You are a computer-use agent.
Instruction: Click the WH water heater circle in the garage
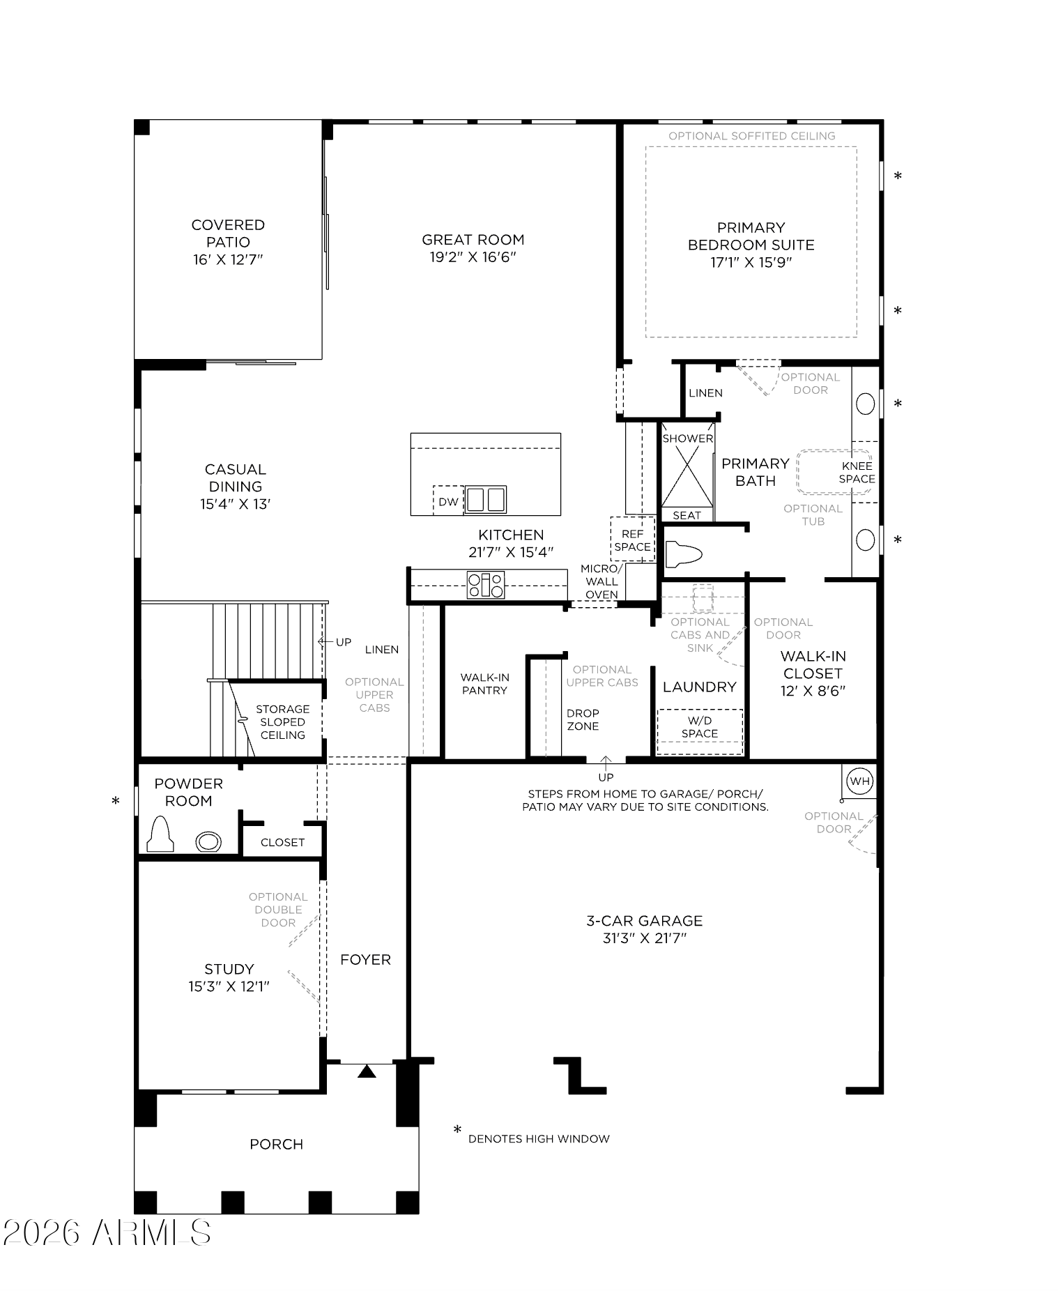tap(859, 781)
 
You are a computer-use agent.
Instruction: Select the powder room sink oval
tap(208, 841)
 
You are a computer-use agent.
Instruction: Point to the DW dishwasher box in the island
tap(448, 501)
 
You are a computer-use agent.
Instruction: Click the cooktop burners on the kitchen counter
tap(486, 585)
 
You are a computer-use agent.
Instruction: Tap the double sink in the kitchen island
tap(486, 499)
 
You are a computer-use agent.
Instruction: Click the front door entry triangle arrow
tap(367, 1071)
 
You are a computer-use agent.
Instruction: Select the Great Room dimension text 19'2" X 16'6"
tap(473, 257)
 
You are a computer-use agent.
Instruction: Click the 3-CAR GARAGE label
tap(644, 921)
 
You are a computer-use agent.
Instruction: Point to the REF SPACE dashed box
tap(633, 539)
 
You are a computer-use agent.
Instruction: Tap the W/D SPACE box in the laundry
tap(700, 731)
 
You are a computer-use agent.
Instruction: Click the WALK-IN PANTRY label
tap(484, 684)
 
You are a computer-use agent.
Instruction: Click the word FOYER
tap(365, 960)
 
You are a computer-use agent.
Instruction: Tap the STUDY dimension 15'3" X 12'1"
tap(229, 986)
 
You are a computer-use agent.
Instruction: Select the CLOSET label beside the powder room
tap(282, 842)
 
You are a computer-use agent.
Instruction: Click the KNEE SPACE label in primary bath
tap(857, 473)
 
